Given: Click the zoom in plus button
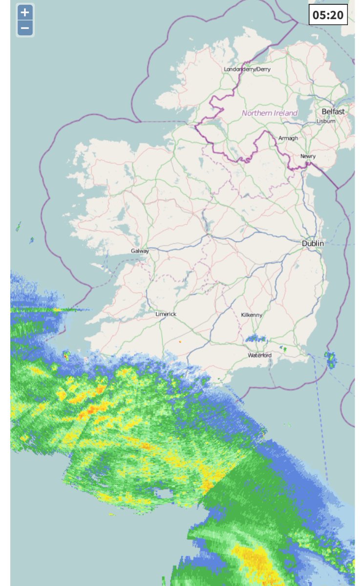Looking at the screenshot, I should [25, 12].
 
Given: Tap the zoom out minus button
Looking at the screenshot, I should [25, 28].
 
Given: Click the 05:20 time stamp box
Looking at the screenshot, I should [328, 15].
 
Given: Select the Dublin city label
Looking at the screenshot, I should [313, 243].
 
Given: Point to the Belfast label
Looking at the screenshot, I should [333, 111].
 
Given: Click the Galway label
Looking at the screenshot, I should [139, 251].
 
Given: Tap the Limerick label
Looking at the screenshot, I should [166, 314].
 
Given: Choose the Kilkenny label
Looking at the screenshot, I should [252, 315].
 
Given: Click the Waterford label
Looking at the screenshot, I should [259, 355].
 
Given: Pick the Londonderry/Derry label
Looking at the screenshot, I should [247, 69].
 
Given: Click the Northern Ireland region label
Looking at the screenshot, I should [270, 113].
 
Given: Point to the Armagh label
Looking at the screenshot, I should [288, 138].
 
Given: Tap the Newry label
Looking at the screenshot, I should [308, 156].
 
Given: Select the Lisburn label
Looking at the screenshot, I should [326, 121].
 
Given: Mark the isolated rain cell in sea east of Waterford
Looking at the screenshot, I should [331, 360].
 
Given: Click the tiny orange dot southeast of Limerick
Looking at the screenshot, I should [180, 341].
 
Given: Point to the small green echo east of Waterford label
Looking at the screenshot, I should [283, 349].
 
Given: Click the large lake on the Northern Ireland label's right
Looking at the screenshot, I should [310, 110].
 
